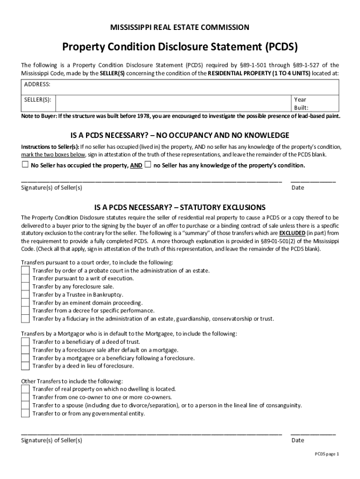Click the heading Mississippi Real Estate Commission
(180, 28)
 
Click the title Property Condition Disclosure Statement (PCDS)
(180, 47)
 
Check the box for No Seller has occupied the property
(25, 165)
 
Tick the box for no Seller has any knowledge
(148, 165)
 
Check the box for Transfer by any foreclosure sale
(25, 286)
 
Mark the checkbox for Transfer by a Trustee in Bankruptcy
(25, 294)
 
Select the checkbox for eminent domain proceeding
(25, 303)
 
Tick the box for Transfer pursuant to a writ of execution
(25, 278)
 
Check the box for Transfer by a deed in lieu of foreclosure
(25, 366)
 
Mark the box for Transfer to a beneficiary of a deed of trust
(25, 342)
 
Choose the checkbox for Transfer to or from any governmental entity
(25, 413)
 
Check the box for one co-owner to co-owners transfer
(25, 397)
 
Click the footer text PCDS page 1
(326, 454)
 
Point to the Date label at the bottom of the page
(297, 440)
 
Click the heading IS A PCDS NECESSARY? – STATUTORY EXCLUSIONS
(180, 207)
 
